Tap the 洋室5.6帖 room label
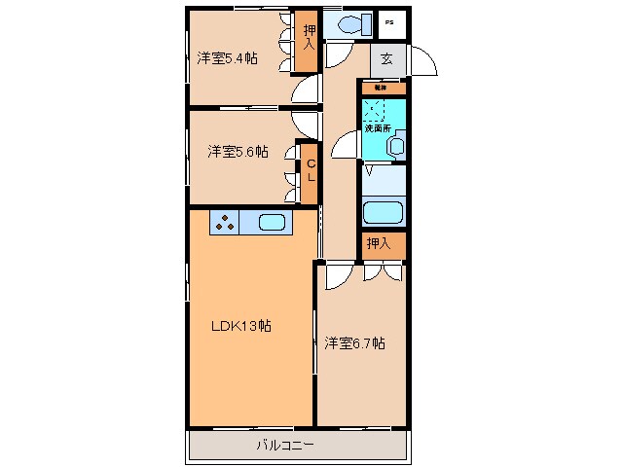coord(237,152)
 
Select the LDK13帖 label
coord(240,326)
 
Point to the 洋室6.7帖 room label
coord(355,342)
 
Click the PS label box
coord(390,21)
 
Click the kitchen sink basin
coord(273,223)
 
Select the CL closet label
coord(311,172)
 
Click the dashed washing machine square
coord(376,111)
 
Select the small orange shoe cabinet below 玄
coord(382,89)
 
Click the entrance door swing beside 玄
coord(420,60)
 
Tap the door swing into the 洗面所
coord(347,147)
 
